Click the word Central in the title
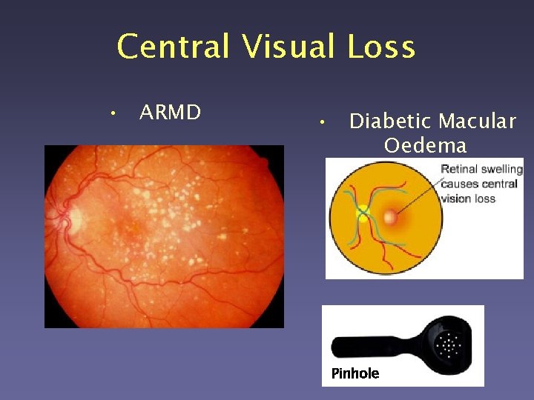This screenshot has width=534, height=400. [x=174, y=47]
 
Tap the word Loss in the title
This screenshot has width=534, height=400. [x=380, y=47]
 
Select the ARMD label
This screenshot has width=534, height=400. [x=170, y=113]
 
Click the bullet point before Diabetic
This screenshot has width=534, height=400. [x=318, y=121]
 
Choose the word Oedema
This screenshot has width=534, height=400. [x=425, y=144]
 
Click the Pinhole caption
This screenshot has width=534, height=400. [x=355, y=373]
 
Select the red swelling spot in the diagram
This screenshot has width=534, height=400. [x=390, y=217]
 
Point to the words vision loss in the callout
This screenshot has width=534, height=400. [x=469, y=199]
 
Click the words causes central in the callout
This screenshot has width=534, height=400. [x=478, y=184]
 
